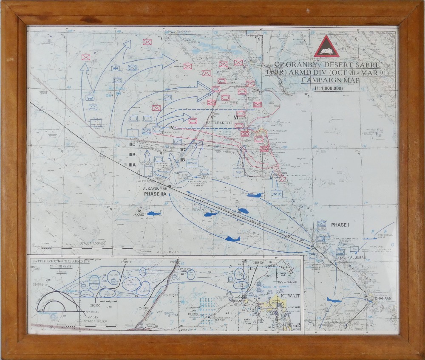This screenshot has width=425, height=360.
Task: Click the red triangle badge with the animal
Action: (x=326, y=47)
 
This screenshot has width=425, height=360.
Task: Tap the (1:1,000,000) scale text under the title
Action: (x=329, y=88)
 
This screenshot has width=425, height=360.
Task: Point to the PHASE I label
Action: (x=340, y=225)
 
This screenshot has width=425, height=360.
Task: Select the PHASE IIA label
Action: (x=156, y=194)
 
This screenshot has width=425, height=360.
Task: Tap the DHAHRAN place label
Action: (x=383, y=299)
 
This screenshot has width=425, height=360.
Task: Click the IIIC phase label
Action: (x=132, y=145)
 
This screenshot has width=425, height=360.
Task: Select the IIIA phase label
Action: (x=132, y=165)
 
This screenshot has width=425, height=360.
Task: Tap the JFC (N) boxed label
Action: (x=193, y=163)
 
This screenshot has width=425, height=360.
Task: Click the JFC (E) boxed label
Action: (x=277, y=194)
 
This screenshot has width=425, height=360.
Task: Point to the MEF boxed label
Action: (x=238, y=171)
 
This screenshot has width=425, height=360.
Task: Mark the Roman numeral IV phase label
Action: (x=172, y=127)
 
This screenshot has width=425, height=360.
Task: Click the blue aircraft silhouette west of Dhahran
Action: (x=334, y=300)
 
